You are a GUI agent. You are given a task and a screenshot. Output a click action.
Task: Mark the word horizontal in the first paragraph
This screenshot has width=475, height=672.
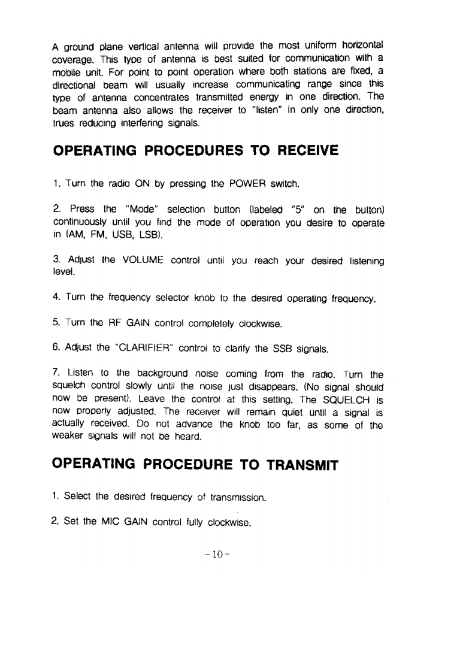359,46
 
